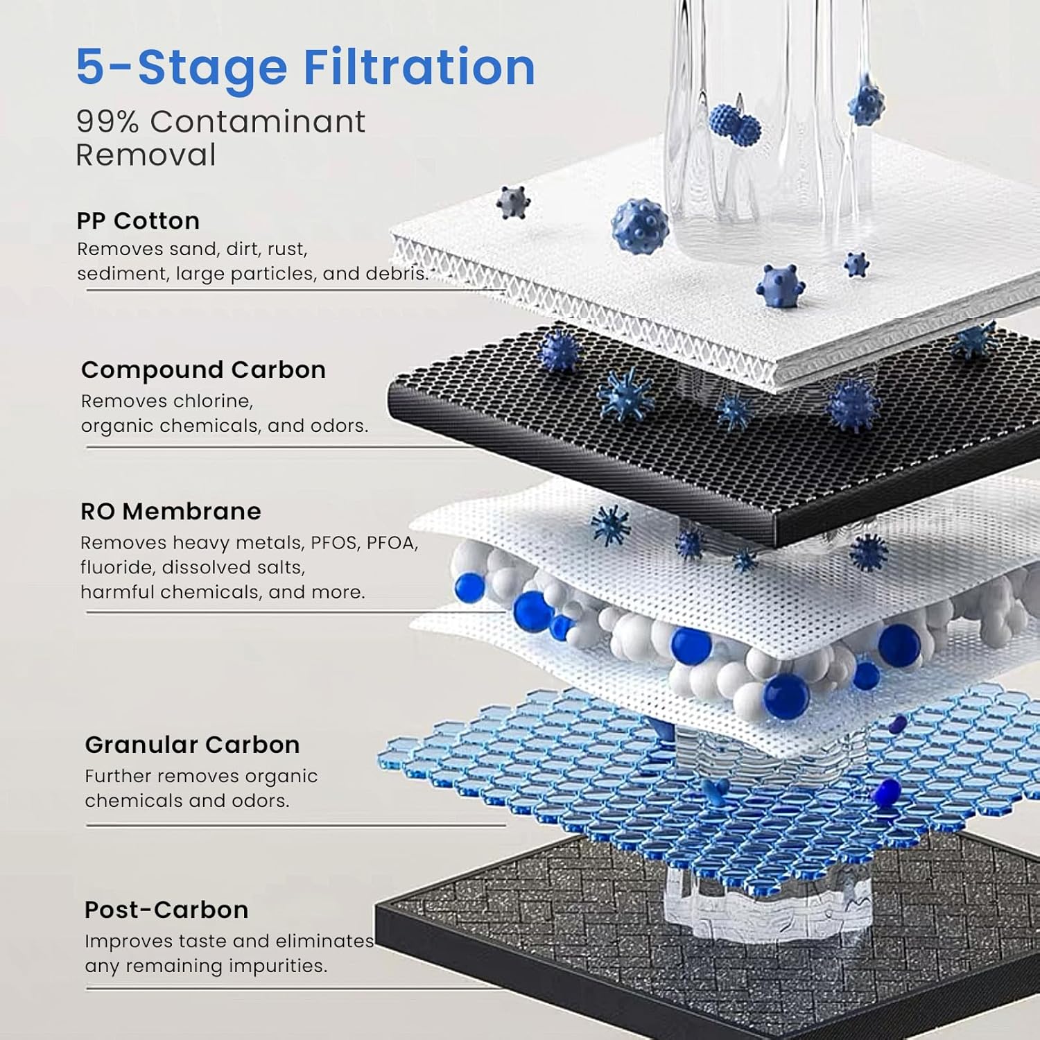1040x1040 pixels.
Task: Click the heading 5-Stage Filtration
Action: (x=305, y=67)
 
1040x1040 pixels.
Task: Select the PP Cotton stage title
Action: (x=138, y=220)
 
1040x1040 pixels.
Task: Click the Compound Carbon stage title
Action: (x=203, y=370)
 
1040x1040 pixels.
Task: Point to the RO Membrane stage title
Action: (x=171, y=511)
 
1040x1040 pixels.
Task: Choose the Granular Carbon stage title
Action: (x=192, y=744)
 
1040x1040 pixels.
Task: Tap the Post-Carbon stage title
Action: (x=166, y=909)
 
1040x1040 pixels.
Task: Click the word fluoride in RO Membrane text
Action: (x=117, y=567)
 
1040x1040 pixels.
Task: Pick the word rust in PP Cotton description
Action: (x=286, y=249)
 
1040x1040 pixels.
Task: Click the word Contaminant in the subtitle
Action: (x=257, y=122)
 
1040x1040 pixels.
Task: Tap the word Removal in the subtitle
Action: (x=146, y=155)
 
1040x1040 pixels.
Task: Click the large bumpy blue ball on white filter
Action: (x=639, y=226)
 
